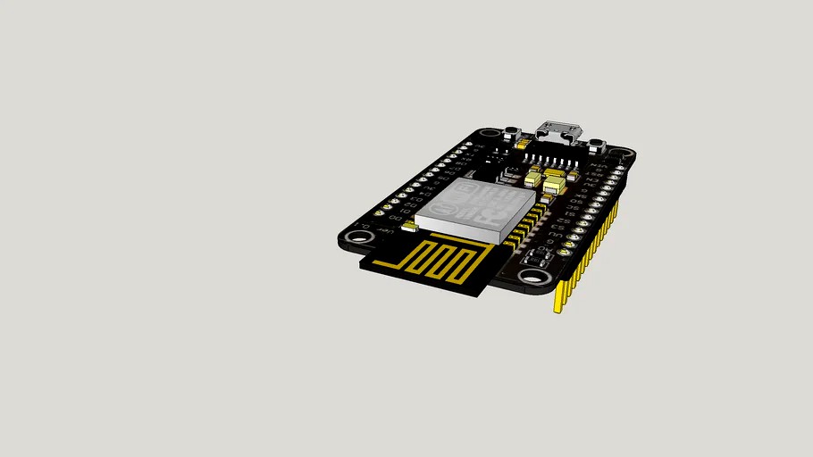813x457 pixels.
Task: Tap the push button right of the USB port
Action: pyautogui.click(x=598, y=144)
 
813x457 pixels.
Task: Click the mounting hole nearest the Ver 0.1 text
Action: pyautogui.click(x=359, y=237)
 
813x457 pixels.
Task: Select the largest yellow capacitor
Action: pyautogui.click(x=554, y=185)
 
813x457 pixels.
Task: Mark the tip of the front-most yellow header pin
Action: pyautogui.click(x=558, y=309)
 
